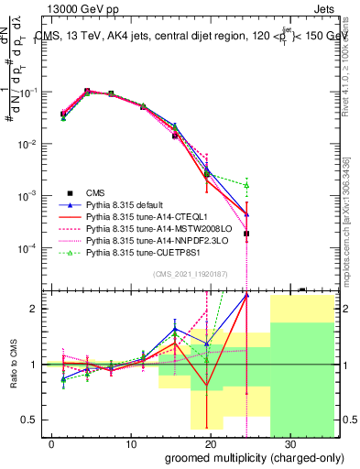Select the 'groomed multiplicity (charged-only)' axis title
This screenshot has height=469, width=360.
(241, 457)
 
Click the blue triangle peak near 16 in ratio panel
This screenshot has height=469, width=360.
(175, 329)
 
